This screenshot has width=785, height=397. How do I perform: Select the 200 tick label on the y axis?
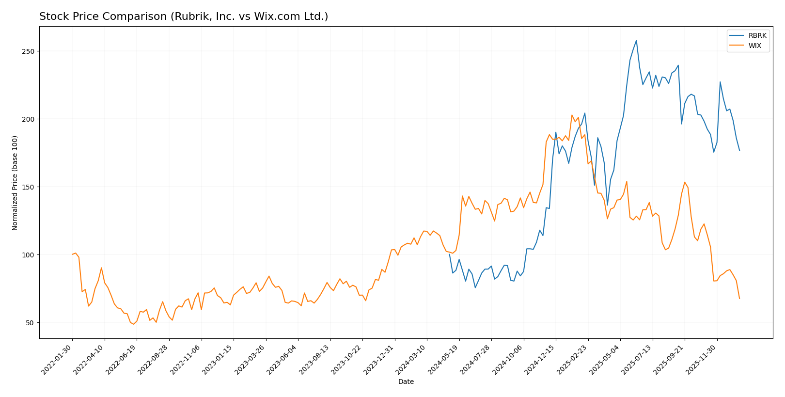tap(29, 119)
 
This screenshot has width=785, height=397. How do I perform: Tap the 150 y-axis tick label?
tap(29, 187)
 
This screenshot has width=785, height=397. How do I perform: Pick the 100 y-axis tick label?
tap(29, 255)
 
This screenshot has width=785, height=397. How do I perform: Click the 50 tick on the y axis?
tap(31, 323)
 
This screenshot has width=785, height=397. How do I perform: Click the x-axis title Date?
tap(406, 382)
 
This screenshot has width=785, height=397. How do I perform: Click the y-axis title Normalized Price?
tap(15, 183)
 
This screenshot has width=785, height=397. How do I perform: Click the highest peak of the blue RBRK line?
tap(636, 40)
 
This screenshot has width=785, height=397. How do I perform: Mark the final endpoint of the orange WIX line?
tap(739, 299)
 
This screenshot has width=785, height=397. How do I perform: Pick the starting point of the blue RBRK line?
tap(450, 254)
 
